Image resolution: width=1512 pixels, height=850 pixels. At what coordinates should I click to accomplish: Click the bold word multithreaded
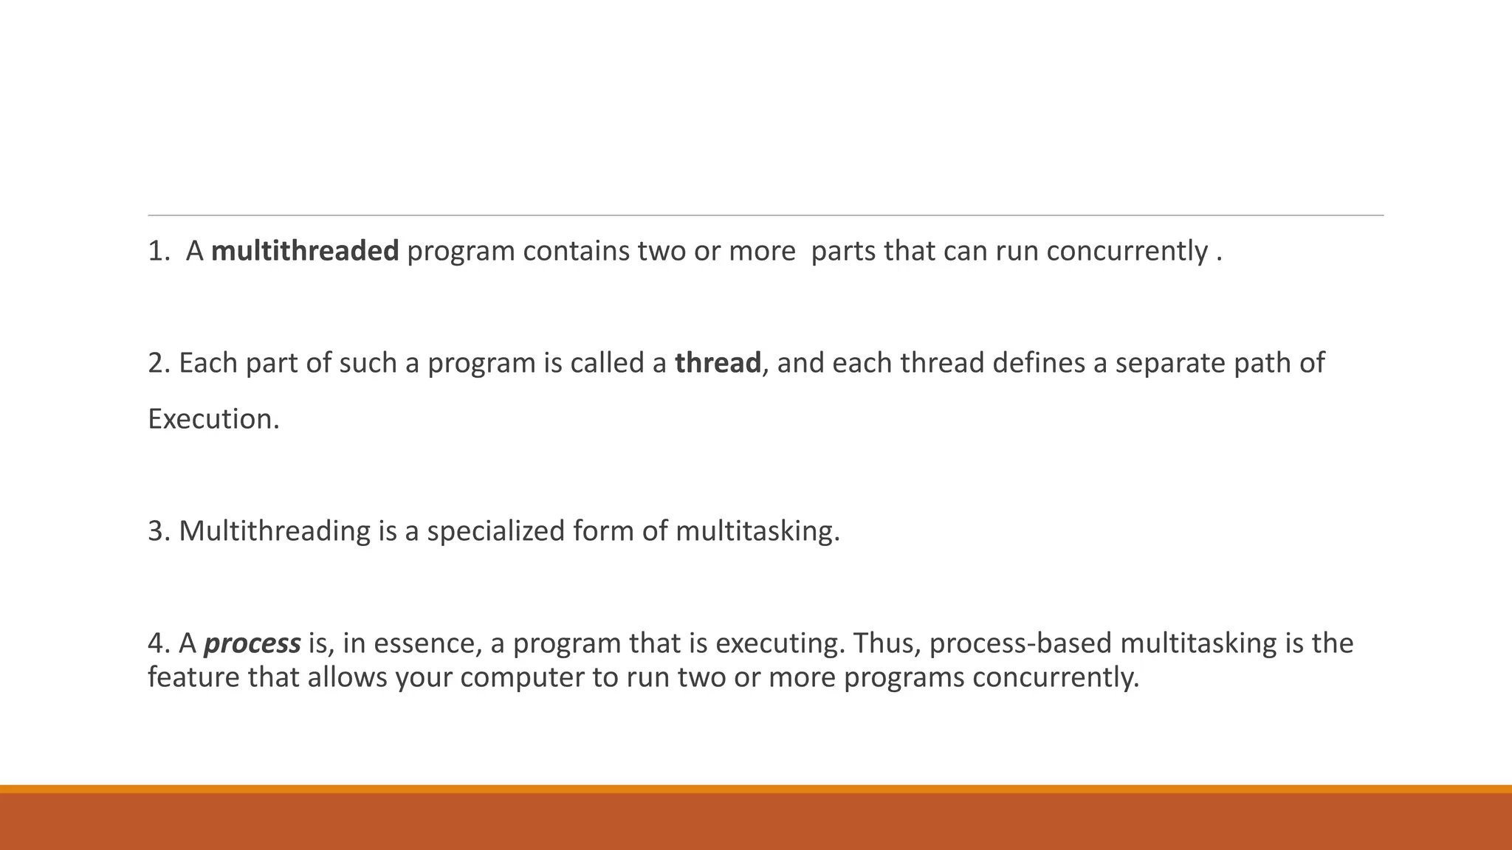304,252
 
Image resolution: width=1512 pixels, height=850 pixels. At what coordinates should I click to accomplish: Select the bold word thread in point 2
717,363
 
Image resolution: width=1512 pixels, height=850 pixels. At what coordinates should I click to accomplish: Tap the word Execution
213,419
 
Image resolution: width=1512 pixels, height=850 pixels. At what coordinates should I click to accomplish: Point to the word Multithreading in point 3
274,531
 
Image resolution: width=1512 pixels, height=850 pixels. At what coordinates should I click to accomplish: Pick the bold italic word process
252,644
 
